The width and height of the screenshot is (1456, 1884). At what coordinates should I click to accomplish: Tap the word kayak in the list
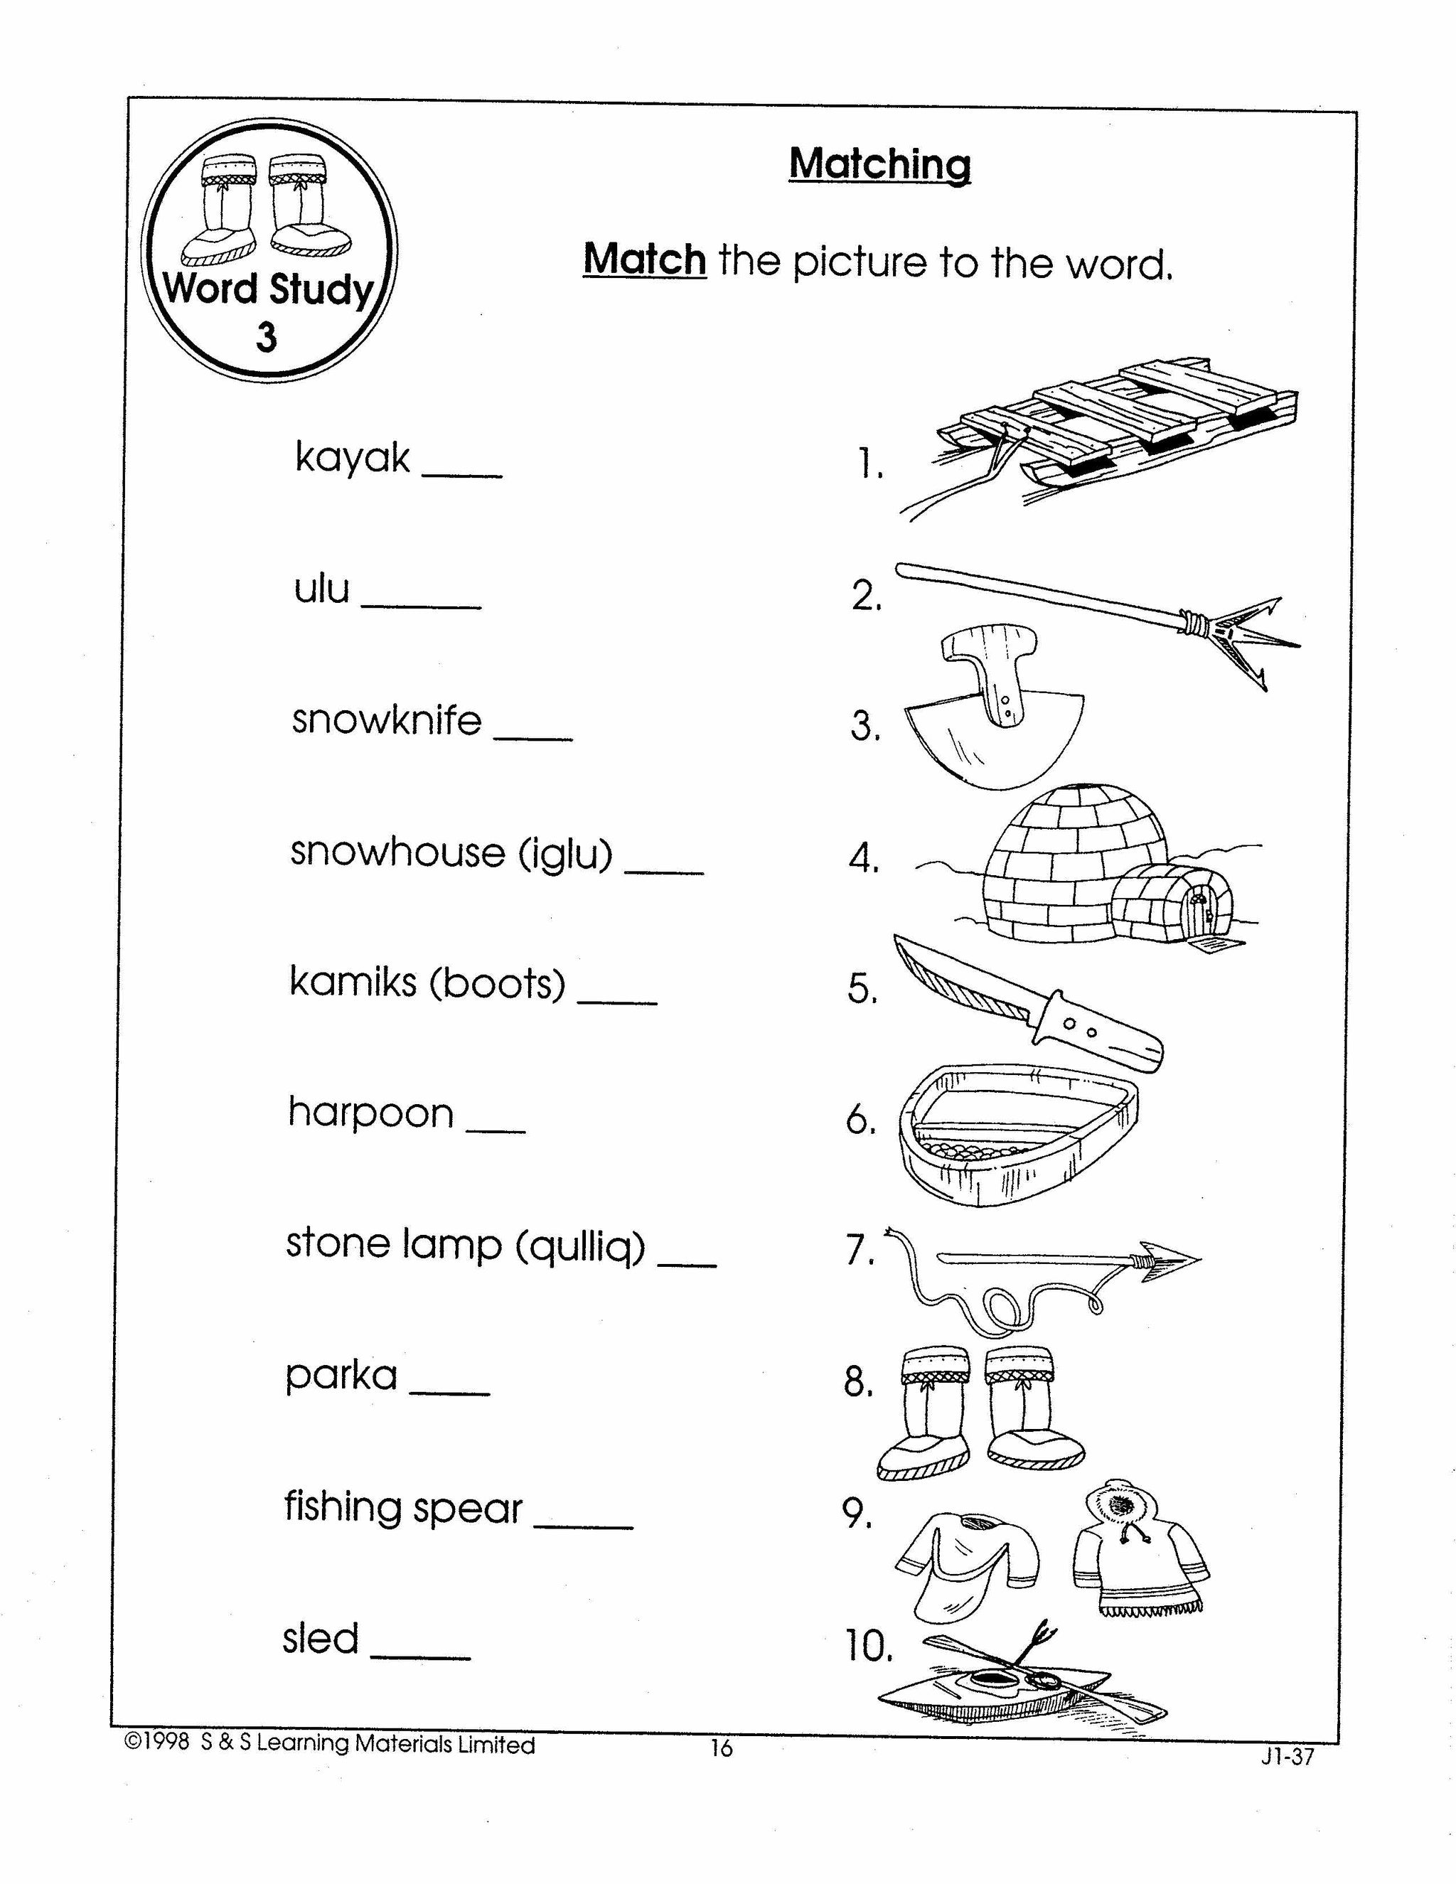[352, 457]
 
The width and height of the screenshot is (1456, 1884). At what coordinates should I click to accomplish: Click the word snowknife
[387, 720]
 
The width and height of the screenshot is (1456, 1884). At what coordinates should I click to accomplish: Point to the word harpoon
[371, 1113]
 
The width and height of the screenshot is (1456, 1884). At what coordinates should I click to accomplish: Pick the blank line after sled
[421, 1657]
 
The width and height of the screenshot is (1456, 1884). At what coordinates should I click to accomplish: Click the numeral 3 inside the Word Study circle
[267, 337]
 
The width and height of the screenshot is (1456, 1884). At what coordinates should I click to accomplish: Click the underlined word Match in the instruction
[644, 259]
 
